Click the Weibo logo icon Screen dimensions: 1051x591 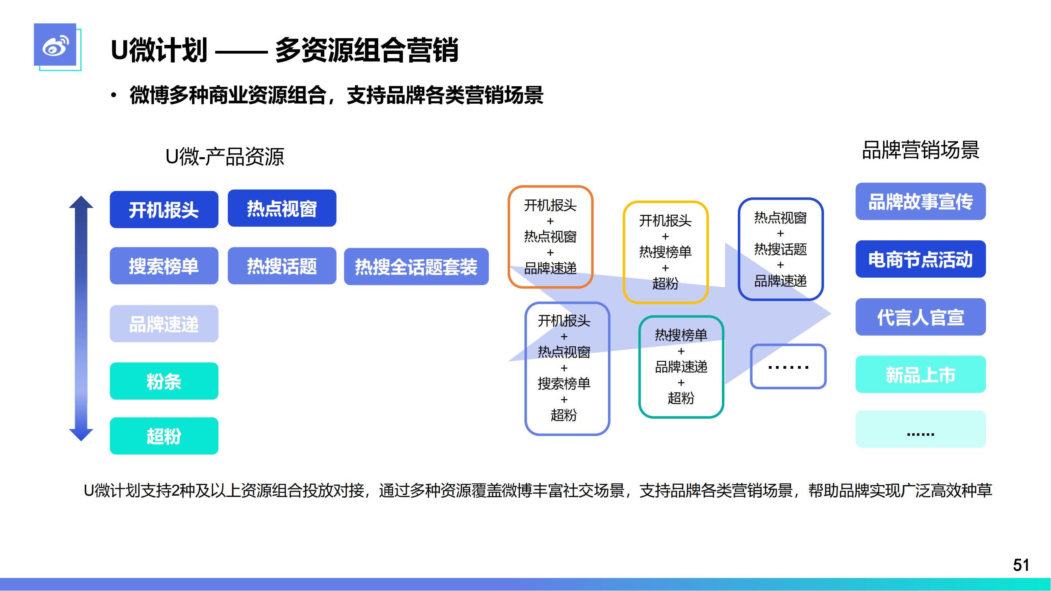(x=55, y=45)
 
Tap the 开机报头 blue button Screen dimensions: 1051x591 (x=164, y=210)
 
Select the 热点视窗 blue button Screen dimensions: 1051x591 (x=282, y=208)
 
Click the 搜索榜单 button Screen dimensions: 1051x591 (x=164, y=266)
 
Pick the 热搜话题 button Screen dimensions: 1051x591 (x=282, y=266)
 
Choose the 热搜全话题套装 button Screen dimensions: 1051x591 (x=416, y=266)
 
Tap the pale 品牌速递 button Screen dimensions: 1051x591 (x=164, y=323)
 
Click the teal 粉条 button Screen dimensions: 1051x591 (x=164, y=381)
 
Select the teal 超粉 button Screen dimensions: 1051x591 (x=164, y=436)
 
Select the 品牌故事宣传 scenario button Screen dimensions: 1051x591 (x=921, y=201)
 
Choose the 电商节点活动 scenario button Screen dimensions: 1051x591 (x=921, y=259)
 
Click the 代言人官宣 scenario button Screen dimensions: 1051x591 (x=921, y=317)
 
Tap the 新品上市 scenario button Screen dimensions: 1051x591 (x=921, y=374)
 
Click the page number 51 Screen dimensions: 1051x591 (x=1021, y=565)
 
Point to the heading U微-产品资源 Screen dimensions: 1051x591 (x=225, y=157)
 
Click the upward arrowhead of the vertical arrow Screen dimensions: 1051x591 (x=81, y=202)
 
